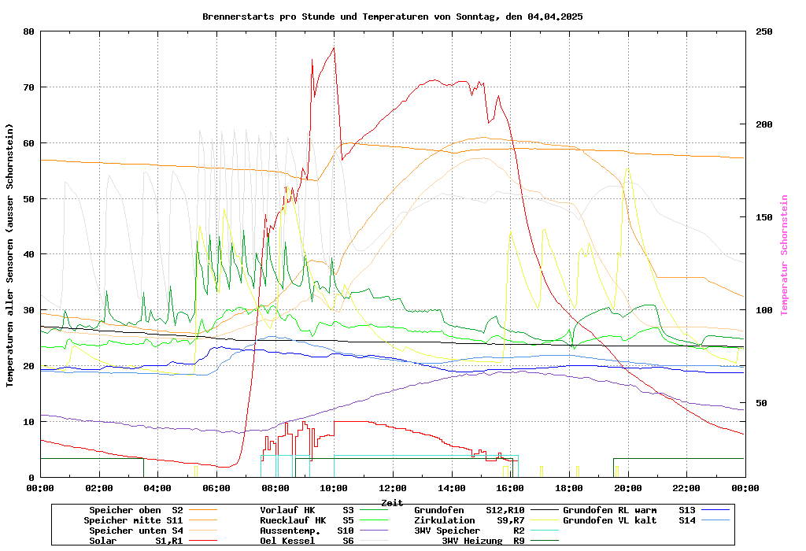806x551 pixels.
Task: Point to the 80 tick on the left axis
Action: [29, 31]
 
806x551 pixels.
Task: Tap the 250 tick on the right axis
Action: [764, 31]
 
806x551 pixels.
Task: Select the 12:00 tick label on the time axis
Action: [393, 489]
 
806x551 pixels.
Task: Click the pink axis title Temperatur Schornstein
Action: [784, 255]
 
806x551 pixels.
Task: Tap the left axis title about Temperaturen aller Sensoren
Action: [10, 255]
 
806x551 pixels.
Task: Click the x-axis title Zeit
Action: [392, 502]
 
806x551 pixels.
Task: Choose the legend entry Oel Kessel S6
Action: [307, 541]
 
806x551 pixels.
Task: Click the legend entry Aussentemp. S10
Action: [307, 531]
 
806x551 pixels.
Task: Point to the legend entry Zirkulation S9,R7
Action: [469, 520]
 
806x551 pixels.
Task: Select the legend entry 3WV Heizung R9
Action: [483, 541]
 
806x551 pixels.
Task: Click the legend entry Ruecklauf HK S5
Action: [307, 520]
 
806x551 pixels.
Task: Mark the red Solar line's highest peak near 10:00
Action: [334, 48]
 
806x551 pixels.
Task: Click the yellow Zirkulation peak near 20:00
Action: [627, 168]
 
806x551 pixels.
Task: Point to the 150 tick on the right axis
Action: [764, 217]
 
